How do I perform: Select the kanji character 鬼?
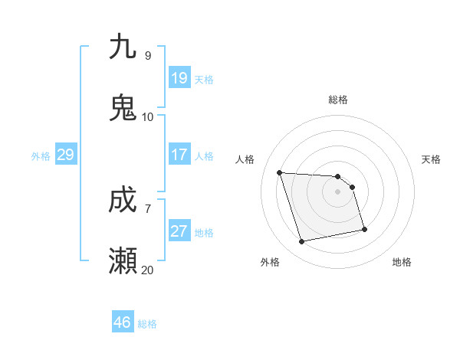coord(123,108)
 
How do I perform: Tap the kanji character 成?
coord(123,201)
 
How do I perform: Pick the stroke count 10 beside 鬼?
coord(147,117)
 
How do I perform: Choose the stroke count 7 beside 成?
coord(147,208)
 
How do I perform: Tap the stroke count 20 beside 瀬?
coord(147,270)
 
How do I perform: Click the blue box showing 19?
coord(179,77)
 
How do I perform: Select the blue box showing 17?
coord(179,155)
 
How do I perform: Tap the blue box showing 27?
coord(179,231)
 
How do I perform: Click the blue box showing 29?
coord(65,155)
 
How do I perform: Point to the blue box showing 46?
coord(123,322)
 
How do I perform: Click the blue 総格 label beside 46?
coord(147,324)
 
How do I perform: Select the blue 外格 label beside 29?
coord(41,156)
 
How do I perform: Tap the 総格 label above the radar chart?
coord(338,100)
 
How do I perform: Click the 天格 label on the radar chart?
coord(432,159)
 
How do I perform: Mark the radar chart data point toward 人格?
coord(280,172)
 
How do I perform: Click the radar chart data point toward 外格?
coord(302,242)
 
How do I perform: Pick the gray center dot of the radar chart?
coord(338,191)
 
